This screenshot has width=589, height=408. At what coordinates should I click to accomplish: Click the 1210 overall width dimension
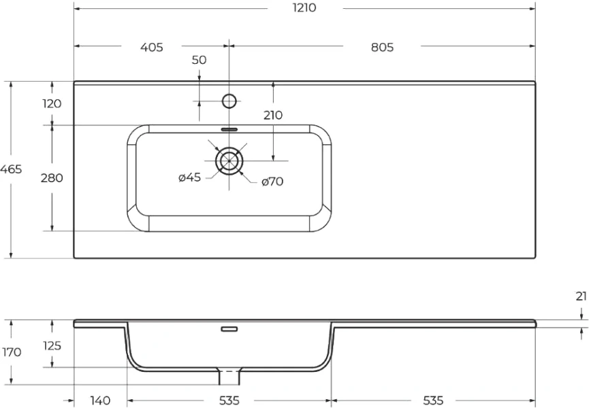(304, 9)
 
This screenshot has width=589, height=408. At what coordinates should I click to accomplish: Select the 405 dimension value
(151, 47)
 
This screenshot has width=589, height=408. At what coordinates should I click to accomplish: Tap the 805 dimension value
(383, 47)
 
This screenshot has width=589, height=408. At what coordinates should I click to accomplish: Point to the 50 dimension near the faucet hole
(199, 60)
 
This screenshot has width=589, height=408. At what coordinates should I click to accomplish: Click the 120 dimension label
(52, 103)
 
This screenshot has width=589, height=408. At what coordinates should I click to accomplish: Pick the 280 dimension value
(52, 178)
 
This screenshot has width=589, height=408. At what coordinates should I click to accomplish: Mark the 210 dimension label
(273, 115)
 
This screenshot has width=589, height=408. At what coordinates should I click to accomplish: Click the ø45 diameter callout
(189, 178)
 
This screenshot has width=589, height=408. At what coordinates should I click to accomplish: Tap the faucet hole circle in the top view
(229, 101)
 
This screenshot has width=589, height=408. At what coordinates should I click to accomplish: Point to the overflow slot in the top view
(229, 128)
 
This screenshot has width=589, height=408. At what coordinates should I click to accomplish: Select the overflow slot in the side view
(229, 330)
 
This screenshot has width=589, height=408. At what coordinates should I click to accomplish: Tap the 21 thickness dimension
(581, 296)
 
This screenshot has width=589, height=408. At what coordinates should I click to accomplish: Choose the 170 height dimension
(12, 352)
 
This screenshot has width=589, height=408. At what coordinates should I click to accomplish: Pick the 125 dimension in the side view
(52, 345)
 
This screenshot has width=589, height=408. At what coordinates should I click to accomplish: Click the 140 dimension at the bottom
(99, 401)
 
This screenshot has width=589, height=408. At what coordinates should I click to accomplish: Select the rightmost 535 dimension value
(434, 401)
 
